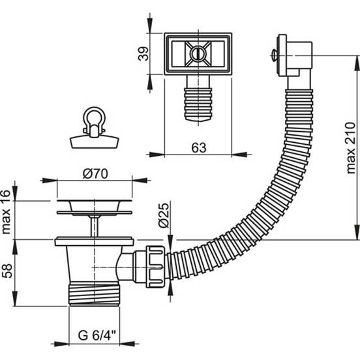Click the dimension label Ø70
pos(95,173)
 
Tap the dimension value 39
pos(143,53)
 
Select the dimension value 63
pos(199,147)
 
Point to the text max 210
pos(351,148)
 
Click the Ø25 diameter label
pos(164,215)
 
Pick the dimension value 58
pos(7,271)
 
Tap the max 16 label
pos(6,212)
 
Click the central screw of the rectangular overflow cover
pos(198,53)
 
